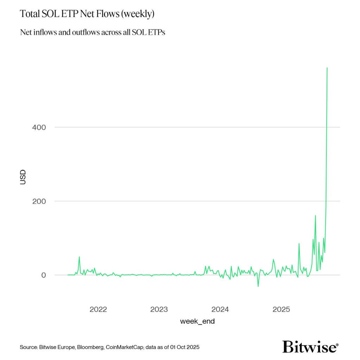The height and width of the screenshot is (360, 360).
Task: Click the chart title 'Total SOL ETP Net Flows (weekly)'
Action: (x=87, y=14)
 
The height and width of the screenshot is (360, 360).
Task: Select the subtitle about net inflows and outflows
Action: (x=92, y=32)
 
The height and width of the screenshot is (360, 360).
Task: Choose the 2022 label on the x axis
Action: (x=98, y=309)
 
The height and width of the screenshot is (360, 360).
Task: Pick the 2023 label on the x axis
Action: (x=159, y=309)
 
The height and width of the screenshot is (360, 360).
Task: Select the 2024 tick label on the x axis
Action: (x=220, y=309)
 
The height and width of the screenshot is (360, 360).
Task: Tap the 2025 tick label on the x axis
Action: (x=281, y=309)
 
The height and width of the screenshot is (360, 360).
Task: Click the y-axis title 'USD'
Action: (x=23, y=177)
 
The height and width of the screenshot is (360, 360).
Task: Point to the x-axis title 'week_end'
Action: (x=197, y=321)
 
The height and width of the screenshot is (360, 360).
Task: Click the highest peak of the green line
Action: (x=327, y=68)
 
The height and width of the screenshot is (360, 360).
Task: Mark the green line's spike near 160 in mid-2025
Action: (x=315, y=216)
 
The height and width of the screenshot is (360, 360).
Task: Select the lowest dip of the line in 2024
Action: (x=258, y=286)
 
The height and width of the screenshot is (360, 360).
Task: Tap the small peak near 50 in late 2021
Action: (x=79, y=257)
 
